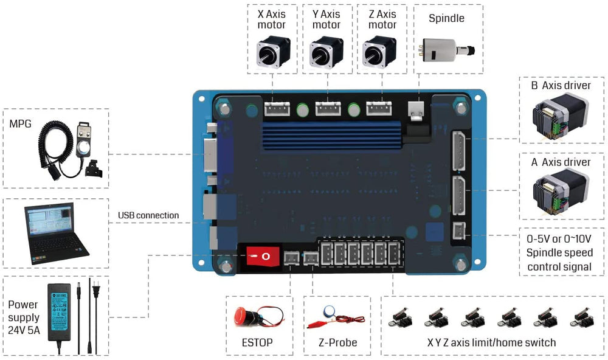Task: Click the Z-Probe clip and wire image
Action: tap(338, 318)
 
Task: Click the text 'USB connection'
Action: tap(148, 215)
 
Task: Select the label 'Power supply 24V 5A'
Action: tap(24, 317)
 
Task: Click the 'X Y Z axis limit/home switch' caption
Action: tap(491, 342)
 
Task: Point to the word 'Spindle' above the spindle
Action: tap(446, 18)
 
